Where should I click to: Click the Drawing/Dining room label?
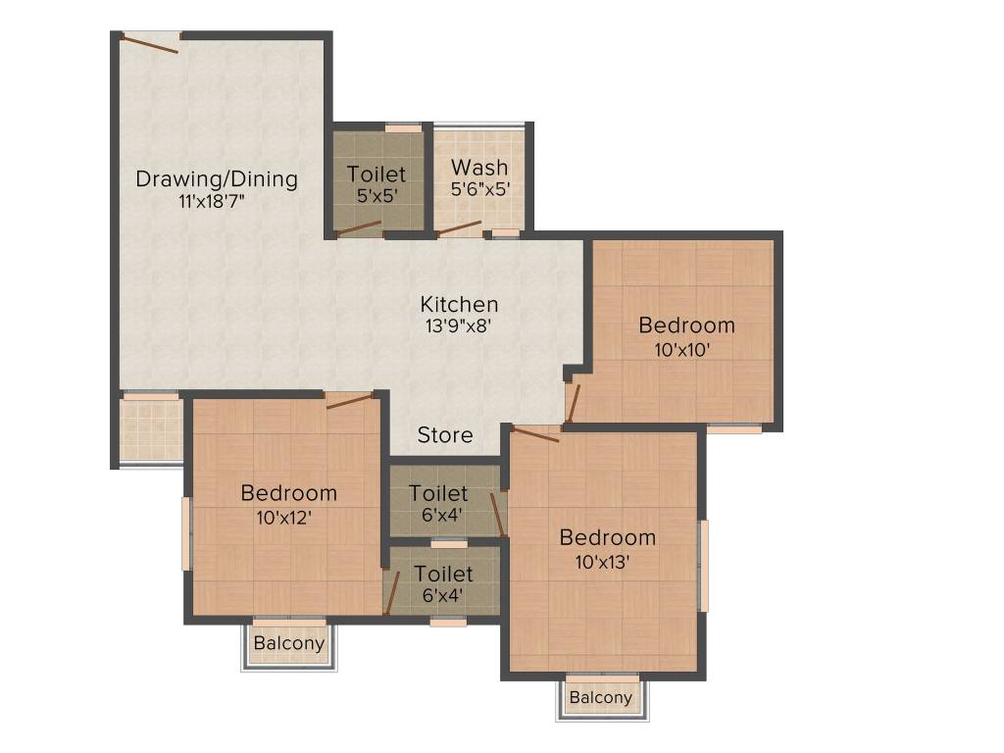[216, 178]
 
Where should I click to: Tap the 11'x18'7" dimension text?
[216, 202]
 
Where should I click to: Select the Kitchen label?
[459, 304]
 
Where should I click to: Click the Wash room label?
[479, 167]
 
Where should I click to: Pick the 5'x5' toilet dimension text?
[376, 195]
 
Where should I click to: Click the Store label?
[445, 434]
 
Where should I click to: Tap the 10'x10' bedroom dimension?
[686, 347]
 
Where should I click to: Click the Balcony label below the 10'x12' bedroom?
[288, 643]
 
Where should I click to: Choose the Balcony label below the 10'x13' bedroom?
[601, 697]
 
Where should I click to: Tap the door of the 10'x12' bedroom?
[350, 400]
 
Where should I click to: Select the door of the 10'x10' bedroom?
[574, 403]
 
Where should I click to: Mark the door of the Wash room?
[459, 228]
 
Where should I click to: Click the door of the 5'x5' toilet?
[358, 228]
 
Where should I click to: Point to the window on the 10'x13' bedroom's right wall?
[702, 566]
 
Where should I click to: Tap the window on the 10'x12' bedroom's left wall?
[186, 533]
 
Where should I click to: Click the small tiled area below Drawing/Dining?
[151, 429]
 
